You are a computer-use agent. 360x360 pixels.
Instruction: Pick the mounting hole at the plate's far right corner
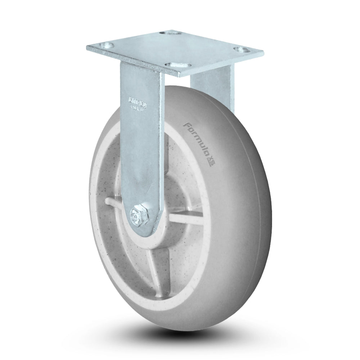coord(238,49)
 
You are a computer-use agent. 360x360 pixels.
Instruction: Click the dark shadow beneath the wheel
coord(180,333)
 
